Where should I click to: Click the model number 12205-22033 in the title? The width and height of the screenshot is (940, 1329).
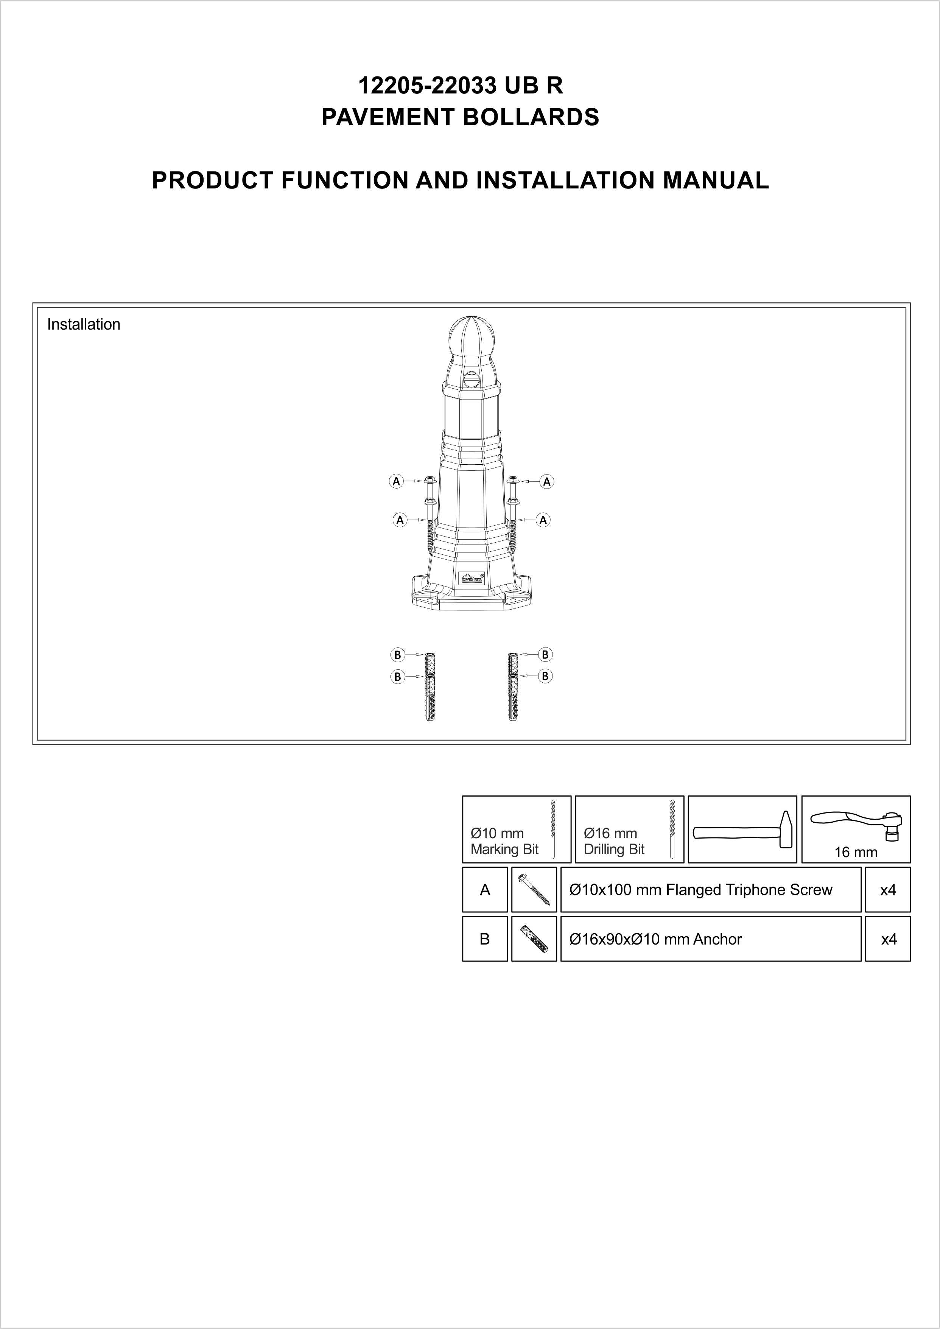coord(428,86)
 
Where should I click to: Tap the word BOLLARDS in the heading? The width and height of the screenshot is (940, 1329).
coord(531,118)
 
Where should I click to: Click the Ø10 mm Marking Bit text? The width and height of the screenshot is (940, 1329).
coord(504,841)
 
